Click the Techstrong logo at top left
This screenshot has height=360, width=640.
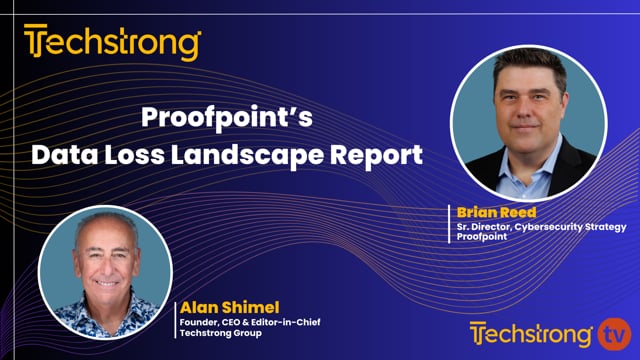tap(112, 43)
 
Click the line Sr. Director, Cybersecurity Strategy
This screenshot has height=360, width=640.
tap(528, 226)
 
